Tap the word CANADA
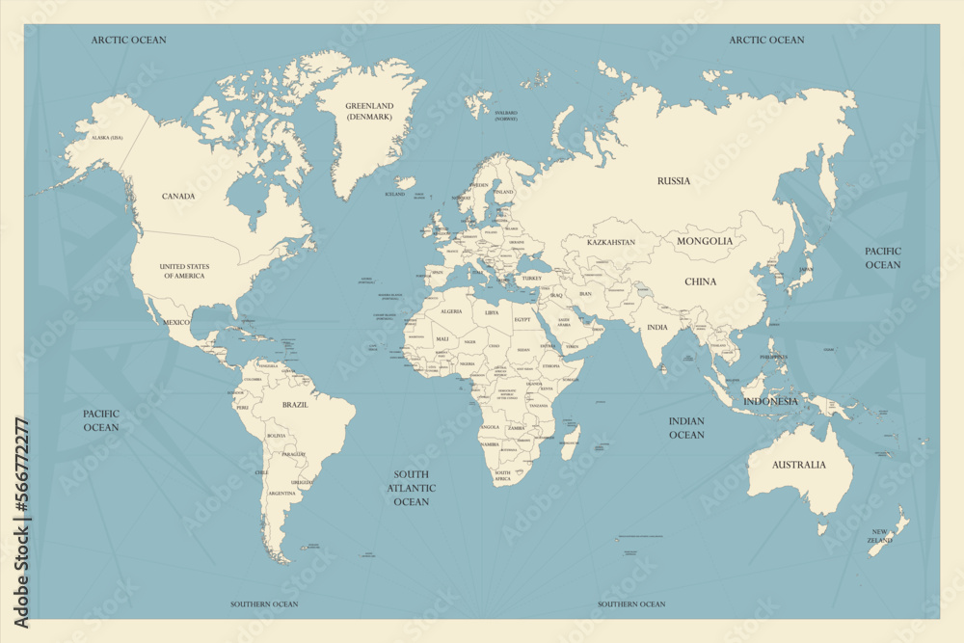[178, 197]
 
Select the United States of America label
[184, 271]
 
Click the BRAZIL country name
[295, 406]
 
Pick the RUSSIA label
[674, 181]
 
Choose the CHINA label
[701, 282]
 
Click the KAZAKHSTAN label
[611, 242]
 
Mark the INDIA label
[656, 328]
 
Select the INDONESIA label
[770, 401]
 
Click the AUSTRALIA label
[799, 465]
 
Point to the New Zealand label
[880, 536]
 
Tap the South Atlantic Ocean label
[411, 488]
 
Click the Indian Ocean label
[686, 428]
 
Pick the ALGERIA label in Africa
[451, 312]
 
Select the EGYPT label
[522, 319]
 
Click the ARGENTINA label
[282, 494]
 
